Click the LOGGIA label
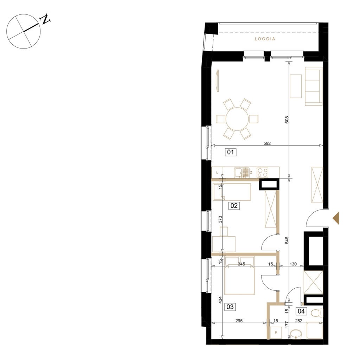(x=265, y=39)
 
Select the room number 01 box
(x=231, y=152)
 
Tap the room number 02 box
(x=234, y=205)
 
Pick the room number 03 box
(x=230, y=307)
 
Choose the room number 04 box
(x=301, y=311)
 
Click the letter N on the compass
(x=45, y=20)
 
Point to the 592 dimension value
(x=267, y=143)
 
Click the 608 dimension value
(x=287, y=120)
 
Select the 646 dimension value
(x=287, y=240)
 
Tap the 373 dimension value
(x=220, y=219)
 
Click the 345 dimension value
(x=242, y=264)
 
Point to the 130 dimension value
(x=293, y=264)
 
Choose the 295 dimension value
(x=239, y=321)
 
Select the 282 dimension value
(x=299, y=321)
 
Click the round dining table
(x=237, y=119)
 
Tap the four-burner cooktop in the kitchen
(x=263, y=172)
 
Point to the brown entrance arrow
(x=336, y=218)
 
